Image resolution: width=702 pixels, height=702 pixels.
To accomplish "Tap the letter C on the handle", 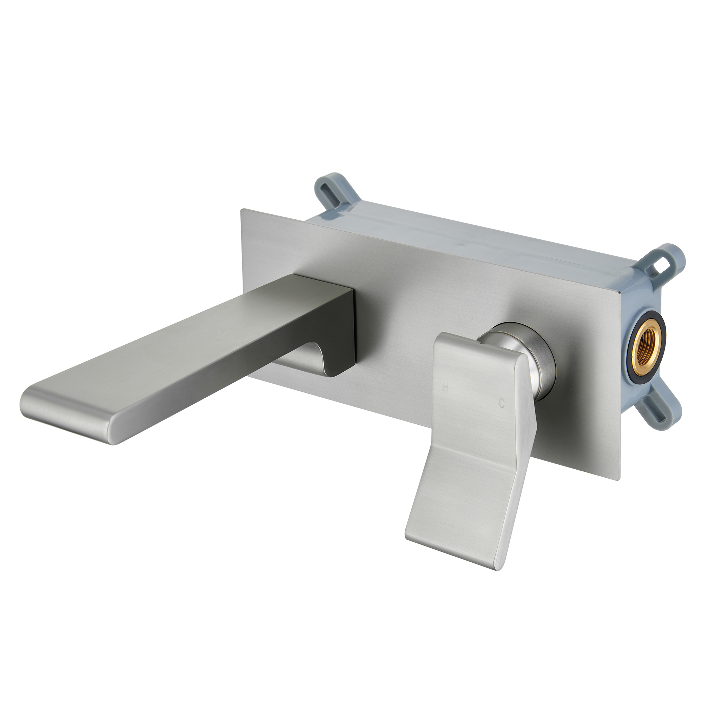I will click(x=502, y=403).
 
